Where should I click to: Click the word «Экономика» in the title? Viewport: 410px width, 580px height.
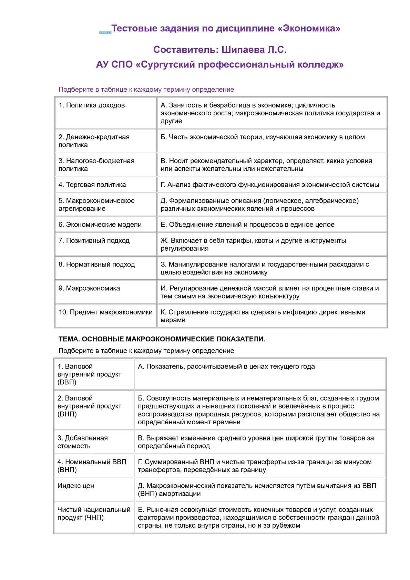coord(311,28)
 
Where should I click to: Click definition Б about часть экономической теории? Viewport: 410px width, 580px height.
coord(263,137)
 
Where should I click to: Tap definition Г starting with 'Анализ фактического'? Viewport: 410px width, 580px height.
coord(270,185)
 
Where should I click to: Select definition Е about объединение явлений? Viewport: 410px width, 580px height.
coord(247,225)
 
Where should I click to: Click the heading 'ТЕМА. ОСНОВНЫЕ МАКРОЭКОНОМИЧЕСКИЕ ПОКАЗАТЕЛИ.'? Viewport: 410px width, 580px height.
coord(162,339)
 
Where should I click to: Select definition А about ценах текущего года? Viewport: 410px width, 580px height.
coord(226,366)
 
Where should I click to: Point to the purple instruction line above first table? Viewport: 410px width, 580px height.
coord(146,90)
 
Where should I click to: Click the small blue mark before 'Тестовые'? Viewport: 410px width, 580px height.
coord(105,32)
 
